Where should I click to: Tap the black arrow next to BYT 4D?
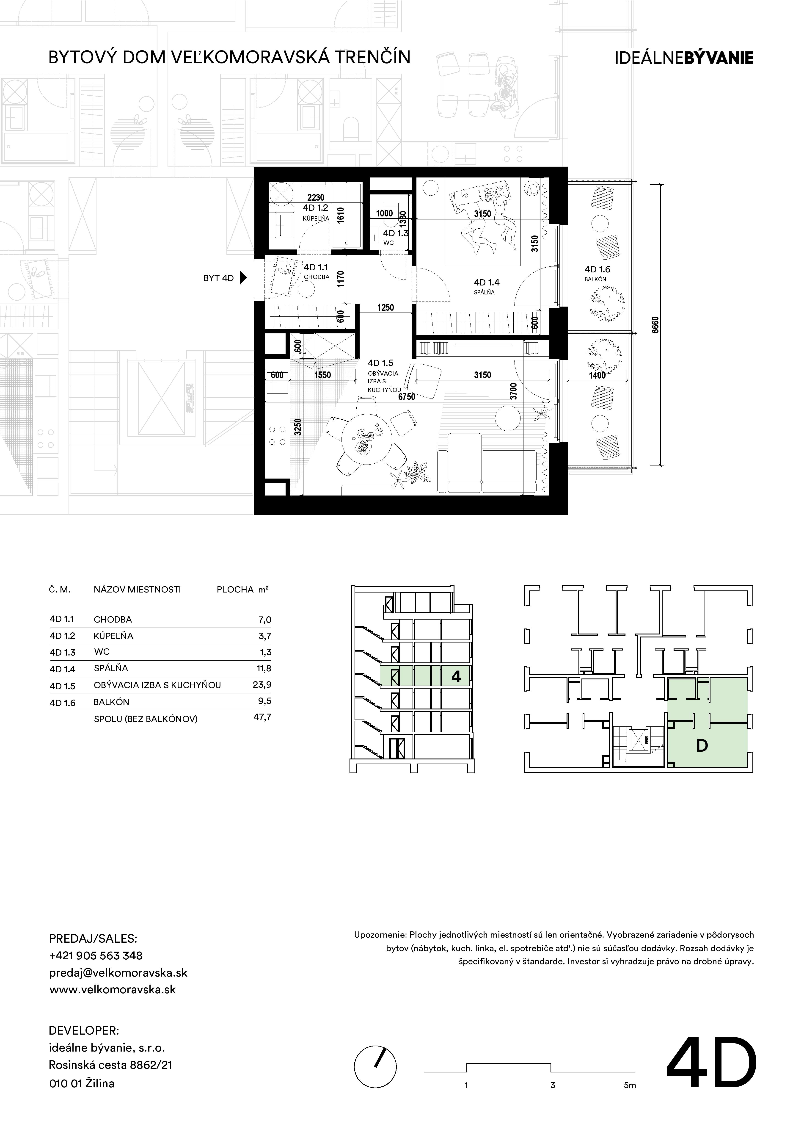[243, 278]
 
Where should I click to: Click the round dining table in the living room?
[367, 440]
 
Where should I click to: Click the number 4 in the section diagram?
[456, 676]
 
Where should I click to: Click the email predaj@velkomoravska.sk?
[118, 972]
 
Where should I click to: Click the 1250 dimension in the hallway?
[385, 308]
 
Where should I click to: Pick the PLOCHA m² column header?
[243, 590]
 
